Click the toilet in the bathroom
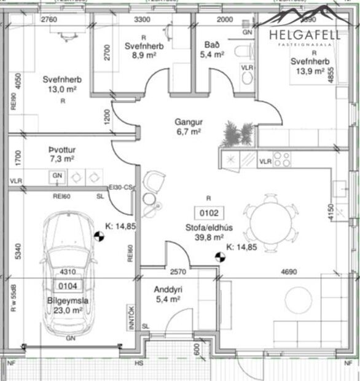pyautogui.click(x=248, y=51)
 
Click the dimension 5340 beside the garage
pyautogui.click(x=17, y=253)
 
